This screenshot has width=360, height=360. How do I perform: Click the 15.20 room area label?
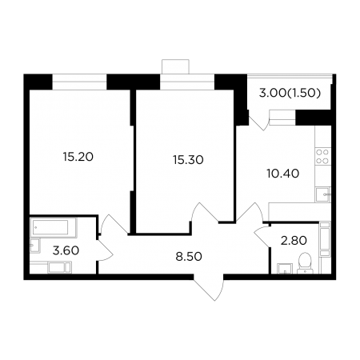tap(78, 157)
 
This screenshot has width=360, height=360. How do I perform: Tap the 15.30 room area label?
tap(188, 160)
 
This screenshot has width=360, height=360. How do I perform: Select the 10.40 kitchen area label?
tap(283, 174)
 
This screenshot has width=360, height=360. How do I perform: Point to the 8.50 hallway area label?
tap(189, 257)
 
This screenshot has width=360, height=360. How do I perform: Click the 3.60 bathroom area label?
tap(66, 250)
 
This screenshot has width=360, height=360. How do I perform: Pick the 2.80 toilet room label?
tap(294, 241)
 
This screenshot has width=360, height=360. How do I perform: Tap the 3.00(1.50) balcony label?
tap(290, 94)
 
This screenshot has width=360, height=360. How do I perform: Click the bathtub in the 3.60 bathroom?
tap(54, 227)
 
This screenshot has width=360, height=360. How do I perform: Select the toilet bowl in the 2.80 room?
tap(305, 263)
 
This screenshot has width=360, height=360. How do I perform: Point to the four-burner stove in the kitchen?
tap(322, 157)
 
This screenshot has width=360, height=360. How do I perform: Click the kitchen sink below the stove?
tap(322, 194)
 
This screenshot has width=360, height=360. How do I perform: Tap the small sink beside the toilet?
tap(285, 268)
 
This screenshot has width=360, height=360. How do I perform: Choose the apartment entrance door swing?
tap(208, 290)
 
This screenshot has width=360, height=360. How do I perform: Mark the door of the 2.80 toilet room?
tap(263, 236)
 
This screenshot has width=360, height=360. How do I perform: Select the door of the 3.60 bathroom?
tap(105, 250)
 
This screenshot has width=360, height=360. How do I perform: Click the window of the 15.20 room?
tap(79, 82)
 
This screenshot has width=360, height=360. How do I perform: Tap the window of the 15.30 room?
tap(187, 82)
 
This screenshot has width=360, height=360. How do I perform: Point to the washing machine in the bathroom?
tap(59, 267)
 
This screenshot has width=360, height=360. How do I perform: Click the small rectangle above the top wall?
tap(175, 66)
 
